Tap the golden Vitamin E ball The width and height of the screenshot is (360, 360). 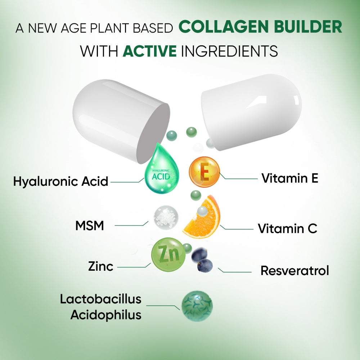(204, 172)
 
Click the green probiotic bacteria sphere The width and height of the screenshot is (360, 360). (197, 306)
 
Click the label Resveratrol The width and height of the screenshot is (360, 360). (294, 271)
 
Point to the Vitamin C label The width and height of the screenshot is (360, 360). (287, 229)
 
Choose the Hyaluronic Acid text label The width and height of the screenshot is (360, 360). (60, 181)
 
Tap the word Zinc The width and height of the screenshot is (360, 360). (100, 267)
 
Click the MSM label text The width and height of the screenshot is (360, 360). (89, 226)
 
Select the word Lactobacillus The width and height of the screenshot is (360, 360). (100, 299)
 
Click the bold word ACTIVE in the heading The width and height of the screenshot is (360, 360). (149, 51)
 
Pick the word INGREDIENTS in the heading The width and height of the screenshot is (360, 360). (229, 51)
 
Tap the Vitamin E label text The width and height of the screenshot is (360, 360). (289, 178)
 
